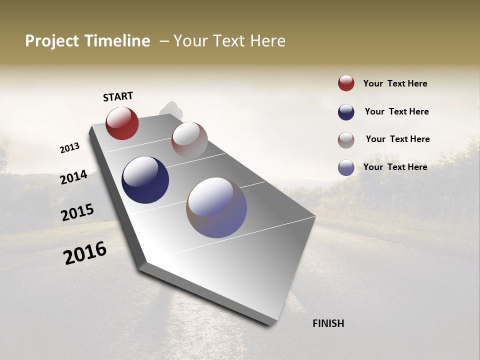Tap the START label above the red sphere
pos(118,96)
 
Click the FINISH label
pos(328,323)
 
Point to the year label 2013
pos(70,148)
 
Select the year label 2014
pos(73,177)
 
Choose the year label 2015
pos(77,212)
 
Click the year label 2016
pos(85,253)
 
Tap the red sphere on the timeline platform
pos(122,123)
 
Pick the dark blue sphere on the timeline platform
pos(145,180)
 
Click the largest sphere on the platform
pos(216,207)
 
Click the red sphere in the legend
pos(346,83)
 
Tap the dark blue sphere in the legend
pos(346,112)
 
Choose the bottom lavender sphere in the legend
pos(346,167)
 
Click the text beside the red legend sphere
pos(395,83)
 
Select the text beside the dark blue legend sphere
pos(396,111)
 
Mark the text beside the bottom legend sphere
pos(395,167)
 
